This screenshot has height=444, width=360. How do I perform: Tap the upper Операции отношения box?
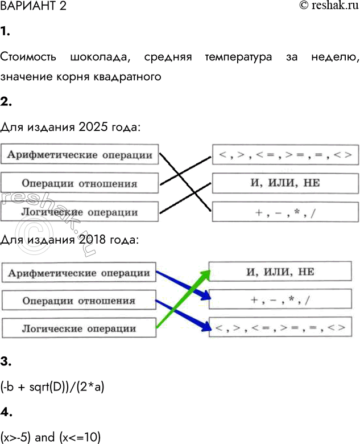pos(80,183)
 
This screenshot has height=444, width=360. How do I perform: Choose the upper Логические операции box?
pos(80,212)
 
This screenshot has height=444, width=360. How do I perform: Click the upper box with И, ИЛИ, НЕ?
pos(285,183)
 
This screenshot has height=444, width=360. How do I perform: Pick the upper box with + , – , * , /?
pos(285,212)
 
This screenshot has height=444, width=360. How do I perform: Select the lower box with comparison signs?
pos(284,327)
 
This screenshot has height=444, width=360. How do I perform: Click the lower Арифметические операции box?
pos(79,273)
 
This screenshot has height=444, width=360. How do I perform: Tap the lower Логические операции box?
pos(79,328)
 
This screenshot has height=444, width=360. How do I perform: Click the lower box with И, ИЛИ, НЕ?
pos(284,272)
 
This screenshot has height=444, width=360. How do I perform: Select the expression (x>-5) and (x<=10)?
pos(51,438)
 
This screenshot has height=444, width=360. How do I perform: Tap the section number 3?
pos(5,361)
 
